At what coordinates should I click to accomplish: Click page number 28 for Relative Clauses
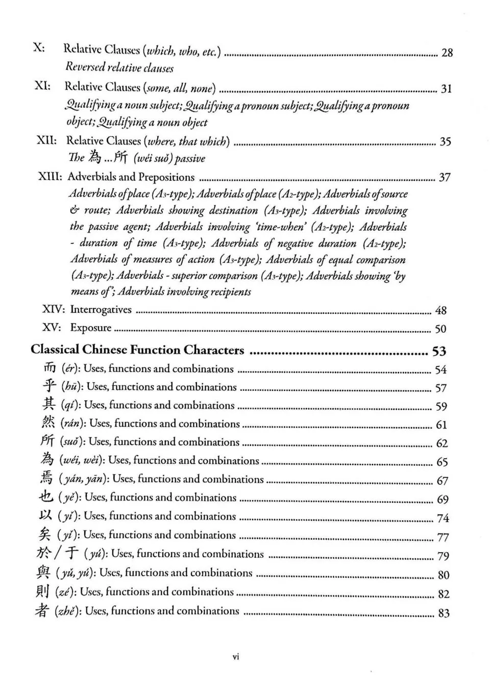tap(447, 53)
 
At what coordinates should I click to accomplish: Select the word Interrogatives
tap(101, 309)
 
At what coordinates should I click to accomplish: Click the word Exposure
tap(90, 328)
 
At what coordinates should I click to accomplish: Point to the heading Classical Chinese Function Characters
tap(137, 350)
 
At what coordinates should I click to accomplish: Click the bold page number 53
tap(439, 351)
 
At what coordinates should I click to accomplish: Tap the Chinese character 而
tap(49, 368)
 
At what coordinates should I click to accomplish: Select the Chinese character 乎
tap(49, 386)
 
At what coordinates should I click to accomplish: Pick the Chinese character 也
tap(46, 497)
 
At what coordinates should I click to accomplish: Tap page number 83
tap(444, 613)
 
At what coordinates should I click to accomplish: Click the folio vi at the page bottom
tap(236, 657)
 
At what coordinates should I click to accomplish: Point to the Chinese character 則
tap(42, 591)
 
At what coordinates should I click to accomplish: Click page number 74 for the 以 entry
tap(443, 518)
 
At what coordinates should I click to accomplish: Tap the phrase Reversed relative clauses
tap(119, 68)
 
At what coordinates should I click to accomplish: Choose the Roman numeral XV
tap(52, 328)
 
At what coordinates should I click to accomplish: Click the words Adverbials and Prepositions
tap(131, 177)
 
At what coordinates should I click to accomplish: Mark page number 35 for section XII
tap(445, 142)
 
